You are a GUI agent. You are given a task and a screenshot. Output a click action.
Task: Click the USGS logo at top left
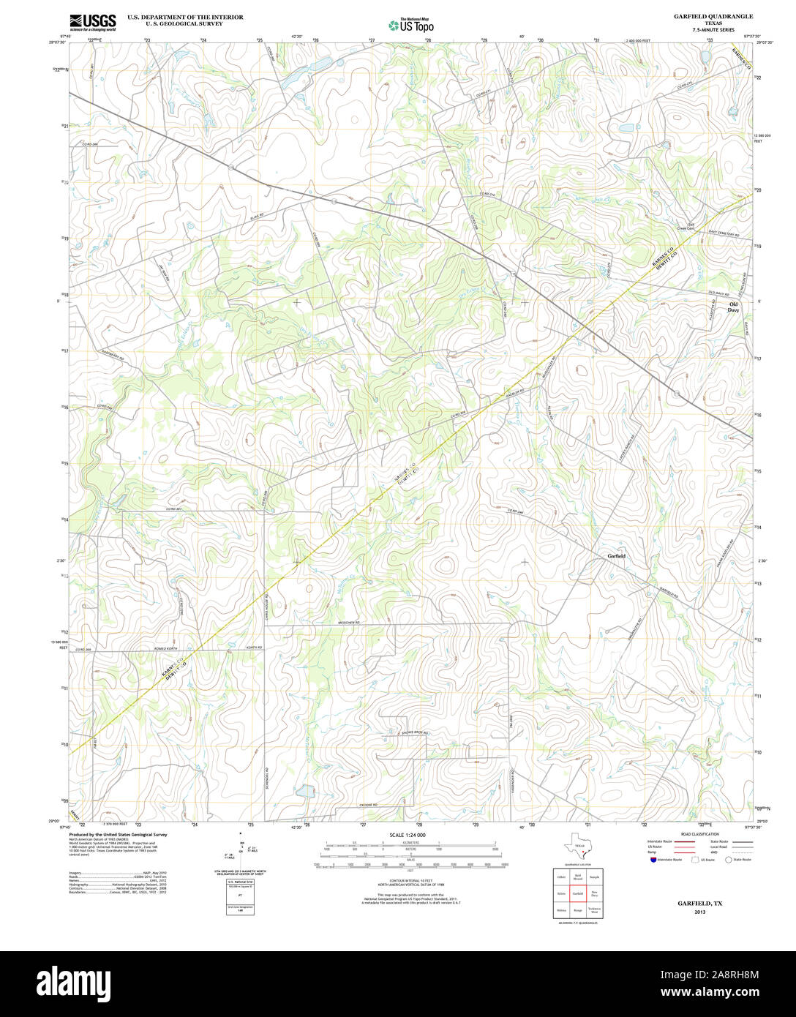point(92,22)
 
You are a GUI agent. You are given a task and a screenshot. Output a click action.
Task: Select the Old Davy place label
point(733,307)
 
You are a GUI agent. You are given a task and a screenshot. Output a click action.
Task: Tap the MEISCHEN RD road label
point(349,623)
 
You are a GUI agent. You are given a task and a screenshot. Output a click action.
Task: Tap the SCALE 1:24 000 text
point(408,835)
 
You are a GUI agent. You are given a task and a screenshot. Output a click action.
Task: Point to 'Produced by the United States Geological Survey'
point(118,834)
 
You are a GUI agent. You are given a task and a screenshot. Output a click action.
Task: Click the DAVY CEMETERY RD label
point(724,233)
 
